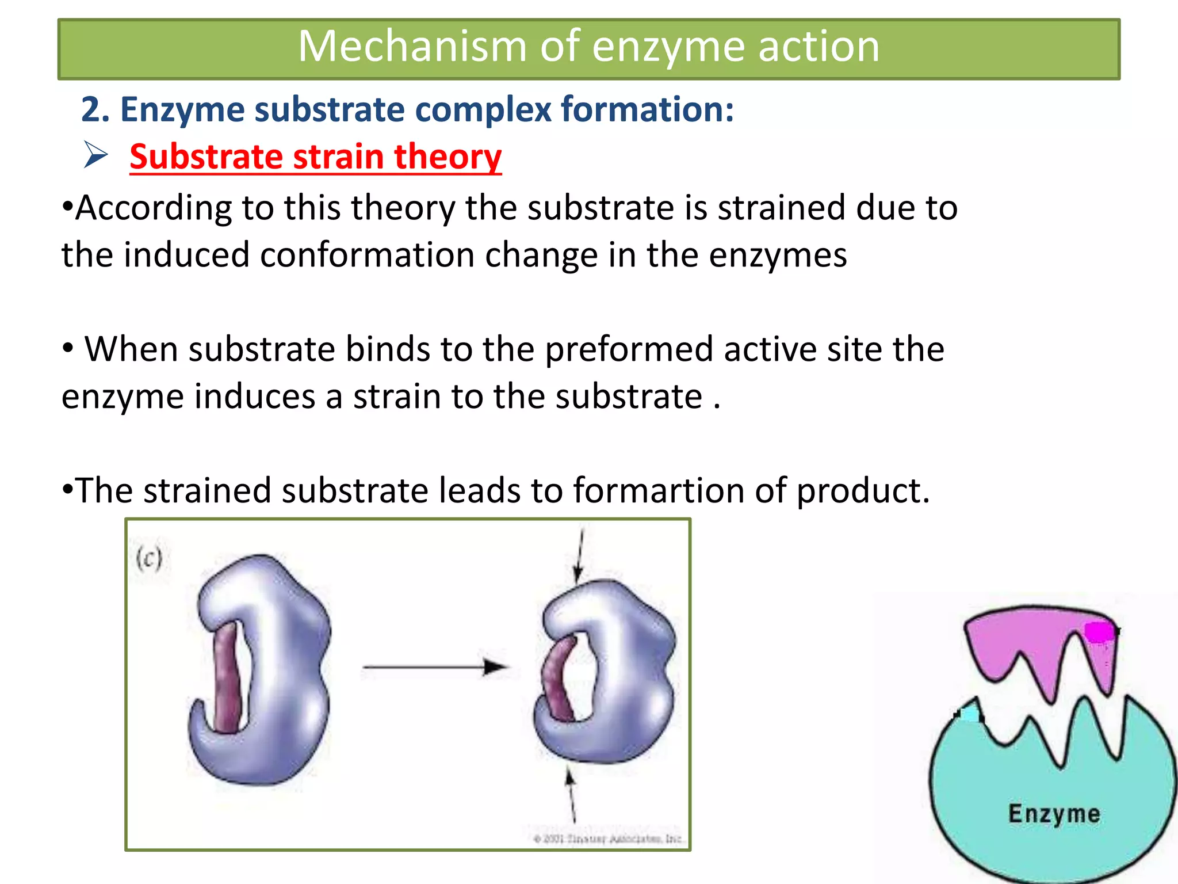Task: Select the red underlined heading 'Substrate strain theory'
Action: click(315, 157)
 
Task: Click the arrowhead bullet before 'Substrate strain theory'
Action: click(95, 154)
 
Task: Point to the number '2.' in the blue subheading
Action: click(95, 109)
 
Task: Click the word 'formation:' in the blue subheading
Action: click(648, 109)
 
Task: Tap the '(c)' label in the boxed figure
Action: click(149, 558)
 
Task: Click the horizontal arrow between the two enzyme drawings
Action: click(434, 667)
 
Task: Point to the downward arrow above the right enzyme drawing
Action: click(580, 556)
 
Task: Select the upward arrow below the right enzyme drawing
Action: click(571, 794)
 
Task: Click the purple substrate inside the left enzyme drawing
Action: click(227, 679)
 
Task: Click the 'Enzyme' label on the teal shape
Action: click(1054, 814)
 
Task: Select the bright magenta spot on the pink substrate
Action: click(1099, 632)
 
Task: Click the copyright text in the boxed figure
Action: click(607, 839)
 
